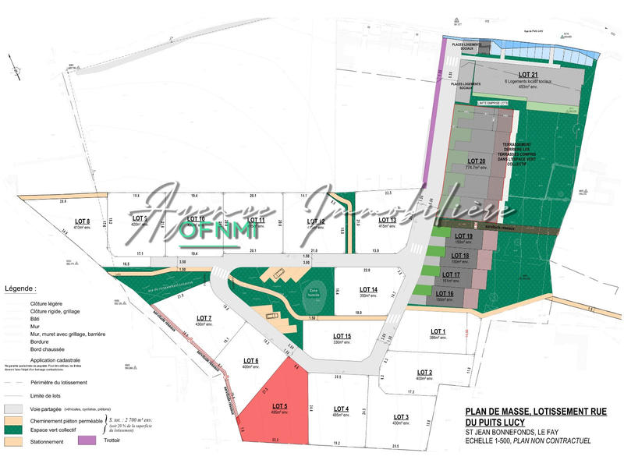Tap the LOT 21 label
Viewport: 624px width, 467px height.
tap(529, 75)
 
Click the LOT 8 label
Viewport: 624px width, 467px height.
tap(82, 221)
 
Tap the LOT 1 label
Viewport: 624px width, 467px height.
tap(438, 331)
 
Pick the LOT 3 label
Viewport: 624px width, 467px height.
tap(401, 416)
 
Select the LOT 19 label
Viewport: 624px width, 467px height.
tap(463, 236)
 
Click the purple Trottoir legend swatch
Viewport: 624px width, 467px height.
tap(87, 440)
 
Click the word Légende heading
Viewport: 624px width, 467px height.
tap(19, 288)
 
